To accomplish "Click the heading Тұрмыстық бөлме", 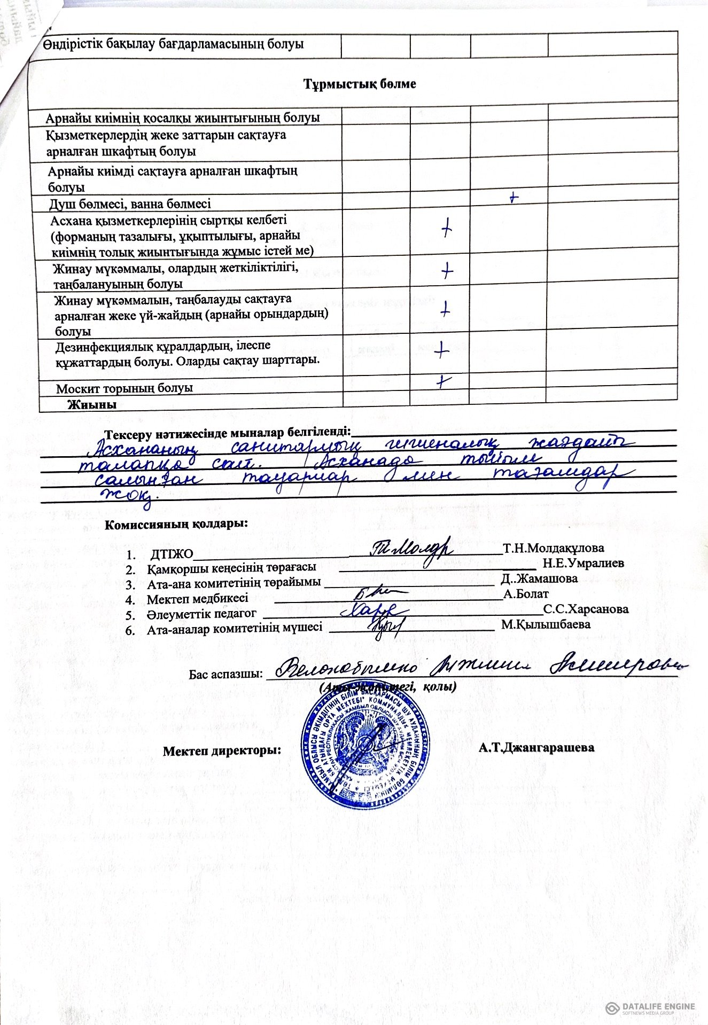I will click(x=360, y=84).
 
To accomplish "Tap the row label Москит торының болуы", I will click(x=125, y=388).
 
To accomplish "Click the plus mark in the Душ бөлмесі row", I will click(x=514, y=197).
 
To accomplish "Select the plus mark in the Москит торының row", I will click(x=443, y=381).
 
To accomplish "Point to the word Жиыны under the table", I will click(x=92, y=404).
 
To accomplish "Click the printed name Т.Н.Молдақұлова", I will click(x=554, y=547).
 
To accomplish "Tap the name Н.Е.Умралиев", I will click(x=583, y=562).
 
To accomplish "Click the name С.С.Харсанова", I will click(x=586, y=609).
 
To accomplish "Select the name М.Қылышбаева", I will click(x=546, y=624).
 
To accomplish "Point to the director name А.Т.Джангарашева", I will click(x=536, y=747).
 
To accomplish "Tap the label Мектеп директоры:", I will click(x=222, y=750).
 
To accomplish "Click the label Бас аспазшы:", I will click(x=226, y=674).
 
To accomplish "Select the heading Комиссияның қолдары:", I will click(x=176, y=523).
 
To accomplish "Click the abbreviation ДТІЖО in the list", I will click(x=172, y=549).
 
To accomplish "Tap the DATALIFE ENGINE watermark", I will click(x=651, y=1008).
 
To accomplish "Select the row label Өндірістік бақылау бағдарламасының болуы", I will click(x=174, y=44).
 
